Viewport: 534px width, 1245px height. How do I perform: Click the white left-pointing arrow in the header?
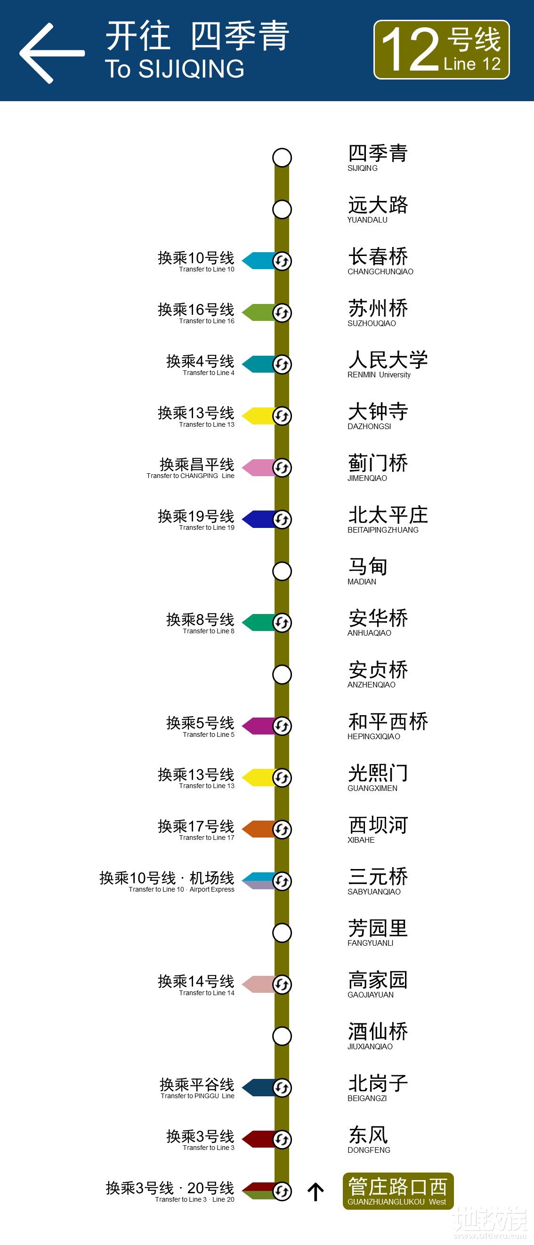[x=51, y=53]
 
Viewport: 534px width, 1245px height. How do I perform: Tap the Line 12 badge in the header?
[x=441, y=49]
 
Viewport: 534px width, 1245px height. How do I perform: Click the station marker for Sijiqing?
[x=282, y=158]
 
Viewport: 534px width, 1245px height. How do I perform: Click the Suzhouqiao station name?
[x=378, y=312]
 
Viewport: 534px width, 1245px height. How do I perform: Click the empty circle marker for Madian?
[x=282, y=571]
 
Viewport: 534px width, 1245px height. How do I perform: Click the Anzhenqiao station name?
[x=378, y=674]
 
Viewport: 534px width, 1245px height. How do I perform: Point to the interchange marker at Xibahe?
[x=282, y=830]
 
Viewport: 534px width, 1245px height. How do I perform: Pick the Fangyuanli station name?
[x=378, y=932]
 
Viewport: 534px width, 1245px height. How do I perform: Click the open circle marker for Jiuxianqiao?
[x=282, y=1036]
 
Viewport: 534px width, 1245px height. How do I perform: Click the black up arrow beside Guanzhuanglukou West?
[x=316, y=1192]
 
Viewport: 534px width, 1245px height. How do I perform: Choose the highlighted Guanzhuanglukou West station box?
[x=397, y=1191]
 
